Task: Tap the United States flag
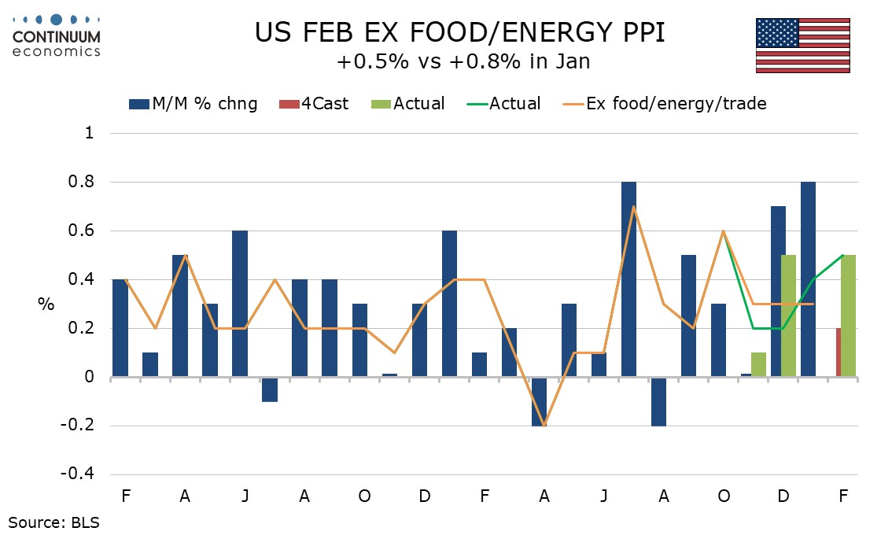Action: coord(802,46)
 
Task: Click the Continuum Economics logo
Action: coord(56,35)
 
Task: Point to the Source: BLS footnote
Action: coord(54,521)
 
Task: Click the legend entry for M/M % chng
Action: coord(192,103)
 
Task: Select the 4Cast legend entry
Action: coord(314,103)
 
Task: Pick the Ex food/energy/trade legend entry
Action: coord(664,103)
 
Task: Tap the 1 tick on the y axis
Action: coord(88,133)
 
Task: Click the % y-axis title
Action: coord(46,304)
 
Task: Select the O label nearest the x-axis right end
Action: coord(724,497)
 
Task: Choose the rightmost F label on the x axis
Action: coord(843,497)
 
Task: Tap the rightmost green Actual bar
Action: coord(848,316)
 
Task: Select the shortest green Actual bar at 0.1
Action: coord(758,365)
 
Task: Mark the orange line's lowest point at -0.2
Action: coord(544,426)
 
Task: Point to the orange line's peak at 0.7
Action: coord(633,207)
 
